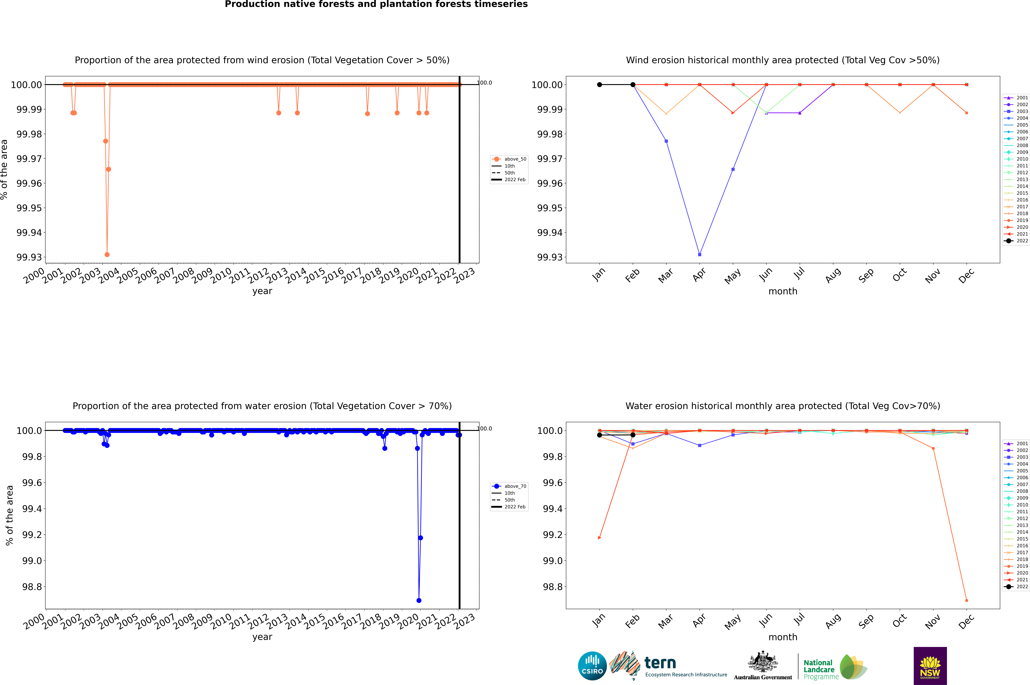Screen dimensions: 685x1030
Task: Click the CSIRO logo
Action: pos(592,666)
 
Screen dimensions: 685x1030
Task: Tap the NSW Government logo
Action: pos(930,666)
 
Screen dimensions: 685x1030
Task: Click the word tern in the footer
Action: pos(660,663)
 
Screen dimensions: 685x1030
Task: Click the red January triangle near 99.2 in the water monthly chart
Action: pos(600,538)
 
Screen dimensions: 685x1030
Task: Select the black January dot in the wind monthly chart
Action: pos(600,85)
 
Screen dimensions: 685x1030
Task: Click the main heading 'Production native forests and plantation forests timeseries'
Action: pos(376,4)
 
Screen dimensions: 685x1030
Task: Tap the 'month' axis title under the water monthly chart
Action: pos(782,637)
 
